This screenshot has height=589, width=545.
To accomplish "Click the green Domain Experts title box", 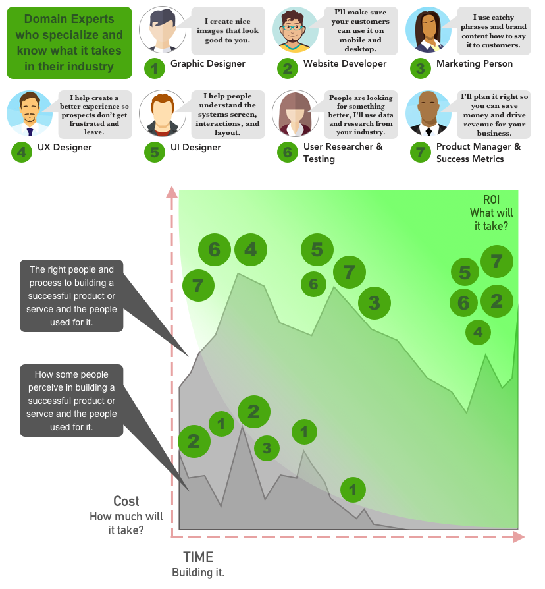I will click(x=69, y=43).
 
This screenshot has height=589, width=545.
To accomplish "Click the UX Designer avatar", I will click(x=29, y=113).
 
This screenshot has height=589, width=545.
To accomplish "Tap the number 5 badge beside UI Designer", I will click(x=154, y=153).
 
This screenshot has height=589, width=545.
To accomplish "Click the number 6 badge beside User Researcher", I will click(x=287, y=153).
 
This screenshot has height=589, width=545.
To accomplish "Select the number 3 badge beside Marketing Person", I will click(x=420, y=69).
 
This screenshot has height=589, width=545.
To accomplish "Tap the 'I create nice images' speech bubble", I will click(x=228, y=31).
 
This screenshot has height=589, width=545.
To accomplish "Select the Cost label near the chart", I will click(x=126, y=501).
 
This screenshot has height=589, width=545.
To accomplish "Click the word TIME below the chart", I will click(x=198, y=557).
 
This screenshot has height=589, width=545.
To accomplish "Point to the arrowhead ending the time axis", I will click(x=519, y=536).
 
